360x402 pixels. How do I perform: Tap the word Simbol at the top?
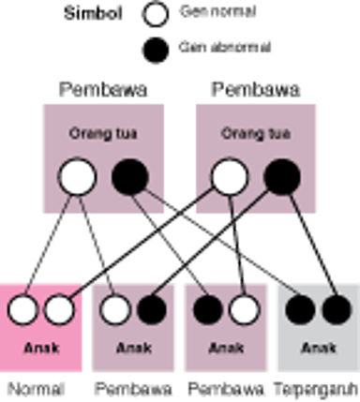point(94,14)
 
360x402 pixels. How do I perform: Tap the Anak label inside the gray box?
point(319,347)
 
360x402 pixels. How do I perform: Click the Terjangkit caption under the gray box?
point(319,386)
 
